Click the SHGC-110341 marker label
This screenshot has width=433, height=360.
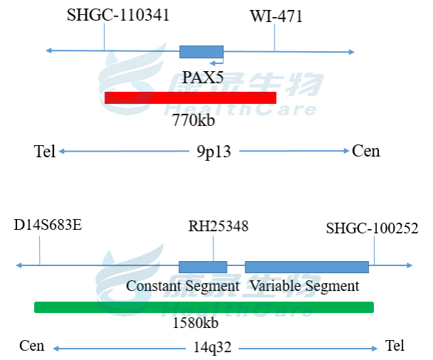(118, 15)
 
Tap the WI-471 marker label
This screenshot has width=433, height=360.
(276, 16)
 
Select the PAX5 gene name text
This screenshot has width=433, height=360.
(203, 77)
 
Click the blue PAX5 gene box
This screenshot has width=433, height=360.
(201, 51)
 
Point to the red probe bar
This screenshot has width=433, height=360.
(190, 97)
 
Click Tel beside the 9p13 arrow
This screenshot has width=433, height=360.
(44, 151)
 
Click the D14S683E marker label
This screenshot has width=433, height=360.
(48, 226)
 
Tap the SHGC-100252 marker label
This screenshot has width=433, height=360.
(372, 228)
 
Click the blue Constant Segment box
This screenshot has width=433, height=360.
(203, 267)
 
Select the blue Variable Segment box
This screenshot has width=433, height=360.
(306, 267)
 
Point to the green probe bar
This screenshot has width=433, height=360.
(203, 307)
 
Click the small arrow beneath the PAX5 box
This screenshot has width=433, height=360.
(218, 63)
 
